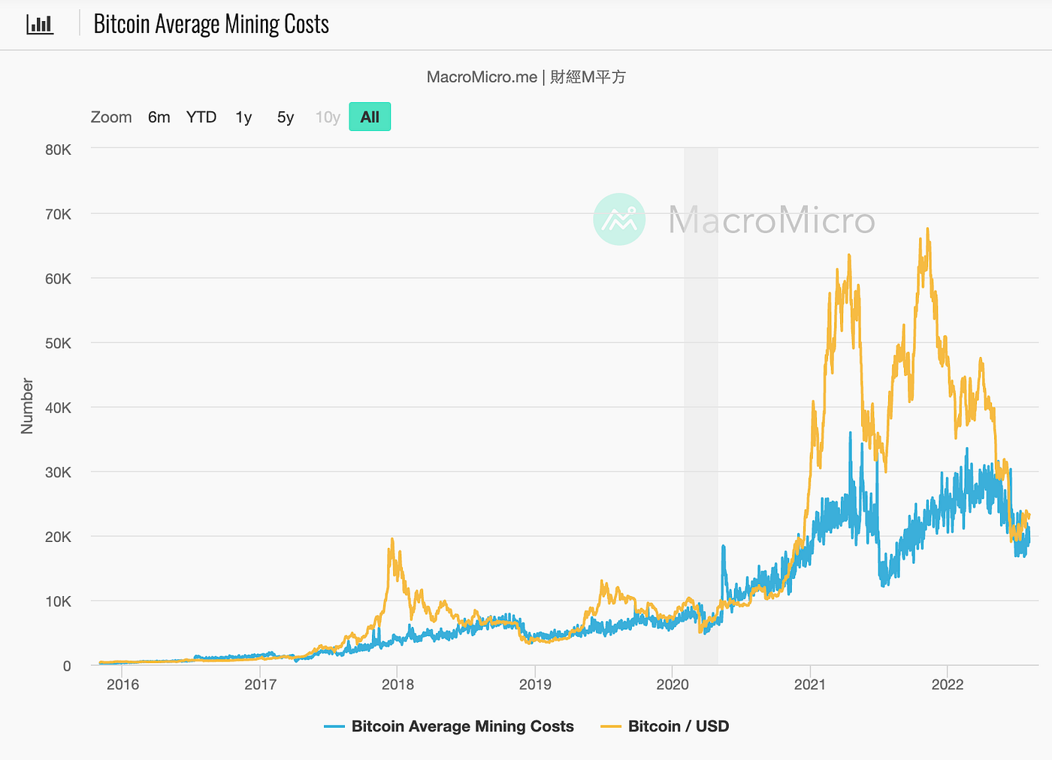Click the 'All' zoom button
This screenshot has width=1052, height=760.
pyautogui.click(x=370, y=117)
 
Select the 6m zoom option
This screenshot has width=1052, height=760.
pyautogui.click(x=159, y=117)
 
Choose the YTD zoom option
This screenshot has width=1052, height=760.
pyautogui.click(x=201, y=117)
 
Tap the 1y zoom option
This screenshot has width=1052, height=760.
pyautogui.click(x=243, y=117)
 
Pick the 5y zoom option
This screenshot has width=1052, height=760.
pyautogui.click(x=286, y=117)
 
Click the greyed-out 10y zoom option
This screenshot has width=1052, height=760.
pyautogui.click(x=328, y=117)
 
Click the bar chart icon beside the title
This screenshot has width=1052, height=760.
pyautogui.click(x=40, y=24)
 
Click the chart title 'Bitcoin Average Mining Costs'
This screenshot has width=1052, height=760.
pyautogui.click(x=211, y=24)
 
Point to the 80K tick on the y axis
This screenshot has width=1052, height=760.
pyautogui.click(x=59, y=150)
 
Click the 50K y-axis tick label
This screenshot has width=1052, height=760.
pyautogui.click(x=59, y=344)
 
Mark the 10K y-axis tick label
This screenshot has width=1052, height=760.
pyautogui.click(x=59, y=601)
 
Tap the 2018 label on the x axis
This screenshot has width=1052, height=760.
pyautogui.click(x=398, y=684)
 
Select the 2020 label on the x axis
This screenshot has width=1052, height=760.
pyautogui.click(x=672, y=684)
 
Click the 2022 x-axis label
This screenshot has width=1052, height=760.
pyautogui.click(x=948, y=684)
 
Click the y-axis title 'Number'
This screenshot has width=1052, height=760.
pyautogui.click(x=27, y=406)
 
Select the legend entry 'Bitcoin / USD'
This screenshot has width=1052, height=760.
pyautogui.click(x=664, y=726)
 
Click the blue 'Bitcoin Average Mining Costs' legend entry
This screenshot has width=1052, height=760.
pyautogui.click(x=449, y=726)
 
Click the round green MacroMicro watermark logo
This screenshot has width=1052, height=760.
pyautogui.click(x=619, y=219)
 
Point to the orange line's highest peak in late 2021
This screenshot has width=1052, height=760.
pyautogui.click(x=927, y=229)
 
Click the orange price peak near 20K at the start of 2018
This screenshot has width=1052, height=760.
pyautogui.click(x=392, y=539)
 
